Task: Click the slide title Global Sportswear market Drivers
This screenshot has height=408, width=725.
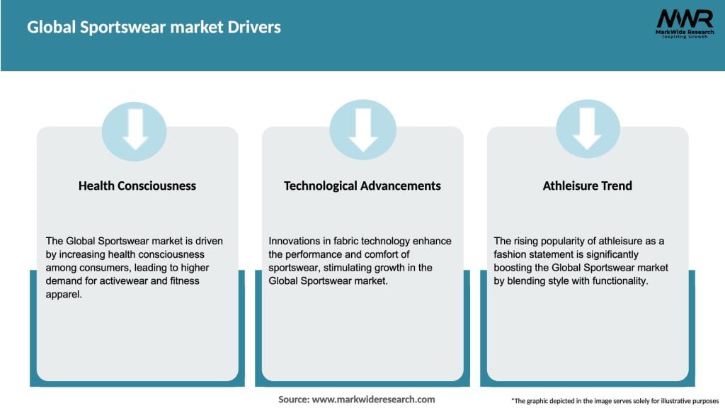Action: pyautogui.click(x=154, y=28)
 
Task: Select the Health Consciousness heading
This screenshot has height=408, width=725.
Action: pyautogui.click(x=137, y=186)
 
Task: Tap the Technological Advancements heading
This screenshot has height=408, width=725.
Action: pyautogui.click(x=362, y=186)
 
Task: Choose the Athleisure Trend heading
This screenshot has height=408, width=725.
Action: pyautogui.click(x=587, y=186)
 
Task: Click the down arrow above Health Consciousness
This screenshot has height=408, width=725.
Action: pyautogui.click(x=135, y=129)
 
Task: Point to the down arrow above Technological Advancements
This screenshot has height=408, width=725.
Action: pyautogui.click(x=363, y=129)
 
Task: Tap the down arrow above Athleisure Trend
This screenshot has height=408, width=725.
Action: pyautogui.click(x=588, y=129)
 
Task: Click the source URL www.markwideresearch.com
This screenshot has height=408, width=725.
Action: pyautogui.click(x=374, y=399)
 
